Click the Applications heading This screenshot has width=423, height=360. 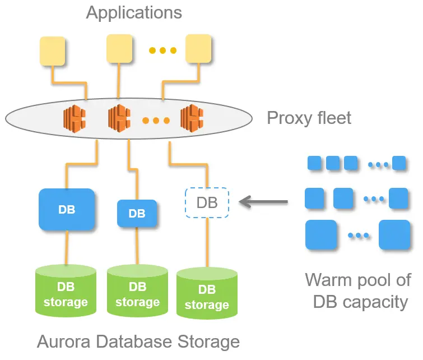134,12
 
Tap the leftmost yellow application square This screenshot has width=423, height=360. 52,52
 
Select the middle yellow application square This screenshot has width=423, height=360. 119,48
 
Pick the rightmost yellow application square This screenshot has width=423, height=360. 198,49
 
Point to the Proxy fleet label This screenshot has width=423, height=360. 309,118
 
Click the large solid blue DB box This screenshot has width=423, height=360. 67,210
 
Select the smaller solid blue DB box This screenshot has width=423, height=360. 137,214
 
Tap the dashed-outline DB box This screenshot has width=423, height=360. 207,202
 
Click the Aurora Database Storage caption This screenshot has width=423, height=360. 138,341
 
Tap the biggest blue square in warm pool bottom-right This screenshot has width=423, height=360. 394,234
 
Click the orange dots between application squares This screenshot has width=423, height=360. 162,51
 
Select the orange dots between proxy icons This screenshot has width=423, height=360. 155,120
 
